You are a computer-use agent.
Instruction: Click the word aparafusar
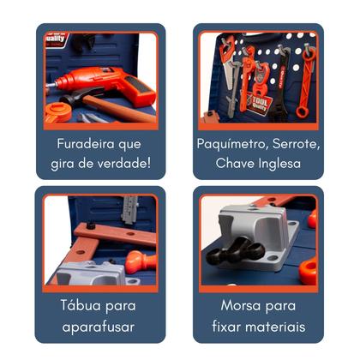pyautogui.click(x=100, y=326)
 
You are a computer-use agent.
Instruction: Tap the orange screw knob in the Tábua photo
pyautogui.click(x=138, y=260)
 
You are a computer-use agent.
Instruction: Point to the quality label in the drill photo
pyautogui.click(x=56, y=39)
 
